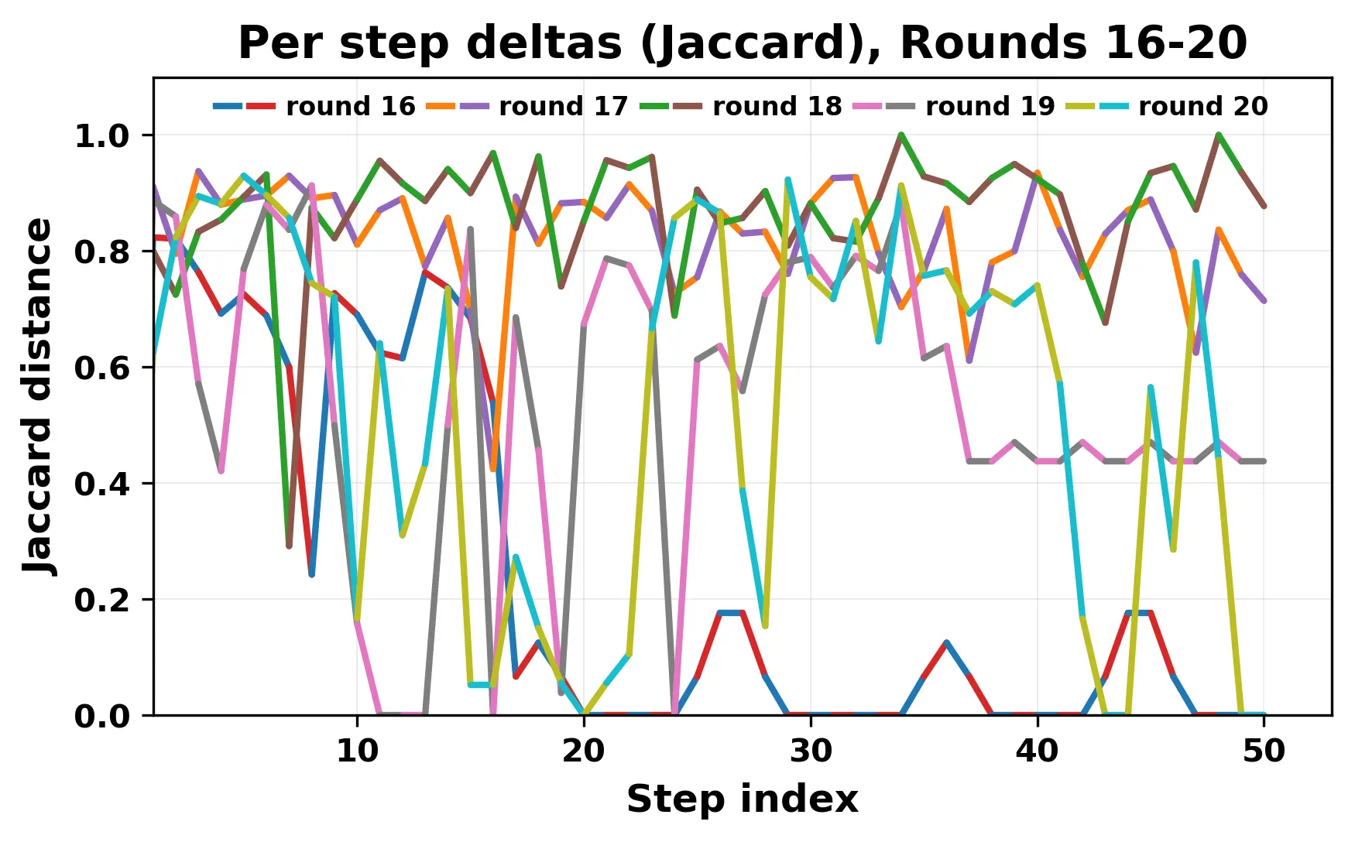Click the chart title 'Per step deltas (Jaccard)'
(x=742, y=43)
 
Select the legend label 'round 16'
(x=350, y=107)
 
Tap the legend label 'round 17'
(x=563, y=107)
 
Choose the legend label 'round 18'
(x=777, y=107)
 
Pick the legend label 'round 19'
(x=990, y=107)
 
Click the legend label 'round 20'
(x=1202, y=107)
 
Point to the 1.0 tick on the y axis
(x=101, y=136)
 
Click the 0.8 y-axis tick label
(x=101, y=252)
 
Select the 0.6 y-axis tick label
(x=101, y=368)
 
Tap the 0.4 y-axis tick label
(x=101, y=484)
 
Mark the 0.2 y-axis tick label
(x=101, y=601)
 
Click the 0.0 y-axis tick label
(x=101, y=717)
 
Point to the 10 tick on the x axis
(x=357, y=751)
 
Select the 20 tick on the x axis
(x=584, y=751)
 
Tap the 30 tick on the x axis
(x=811, y=751)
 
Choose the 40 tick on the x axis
(x=1038, y=751)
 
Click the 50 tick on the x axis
(x=1264, y=751)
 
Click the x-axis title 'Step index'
(x=742, y=799)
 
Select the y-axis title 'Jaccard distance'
(x=39, y=396)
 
